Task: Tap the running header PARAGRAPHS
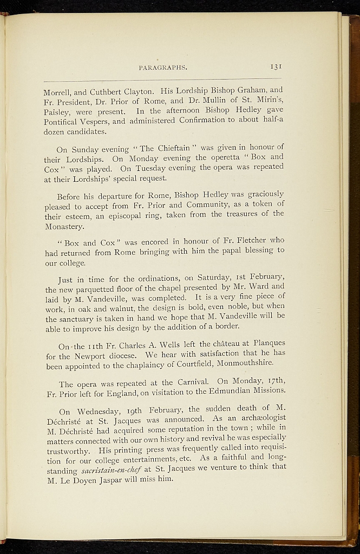162,68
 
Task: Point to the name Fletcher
246,240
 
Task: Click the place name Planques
265,343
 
